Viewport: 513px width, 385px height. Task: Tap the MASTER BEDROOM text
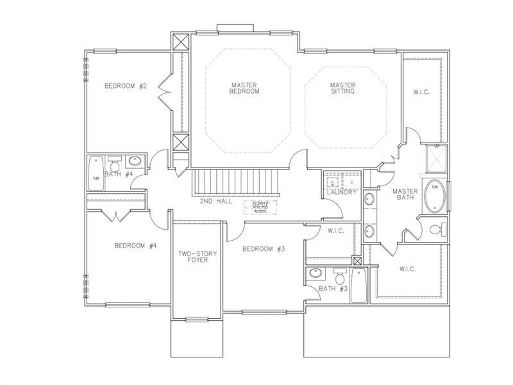[244, 88]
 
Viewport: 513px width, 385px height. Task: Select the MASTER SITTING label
[342, 88]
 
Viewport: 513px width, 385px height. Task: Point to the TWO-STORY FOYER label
[197, 257]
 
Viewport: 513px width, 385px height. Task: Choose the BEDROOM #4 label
[135, 245]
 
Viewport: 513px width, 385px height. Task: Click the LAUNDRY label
[341, 192]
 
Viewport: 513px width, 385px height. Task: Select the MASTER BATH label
[405, 194]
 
